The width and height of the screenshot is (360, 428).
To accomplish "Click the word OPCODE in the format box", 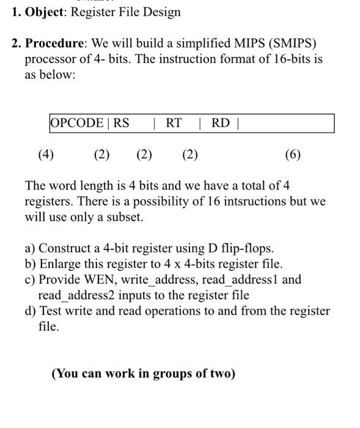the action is tap(77, 123).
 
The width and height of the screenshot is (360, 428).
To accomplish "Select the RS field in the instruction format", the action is tap(121, 123).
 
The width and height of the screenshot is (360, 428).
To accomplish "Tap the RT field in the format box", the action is tap(174, 123).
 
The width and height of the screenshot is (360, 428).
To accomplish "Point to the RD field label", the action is tap(221, 123).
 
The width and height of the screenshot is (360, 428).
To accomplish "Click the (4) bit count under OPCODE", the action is tap(46, 155).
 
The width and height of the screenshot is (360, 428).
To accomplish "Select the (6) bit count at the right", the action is tap(293, 155).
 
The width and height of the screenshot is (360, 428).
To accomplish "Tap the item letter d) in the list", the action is tap(31, 311).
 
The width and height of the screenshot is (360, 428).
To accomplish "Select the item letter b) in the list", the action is tap(31, 264).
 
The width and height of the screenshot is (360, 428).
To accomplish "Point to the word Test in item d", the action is tap(52, 311).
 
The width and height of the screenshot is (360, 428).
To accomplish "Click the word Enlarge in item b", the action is tap(62, 264).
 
